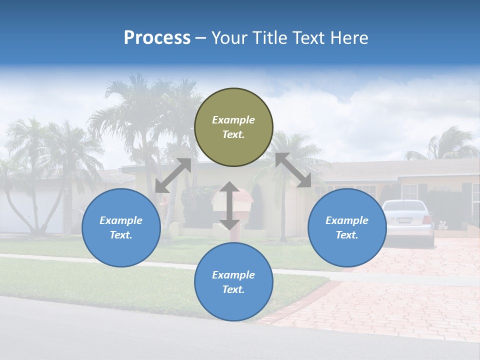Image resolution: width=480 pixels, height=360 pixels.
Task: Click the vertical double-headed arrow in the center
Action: (x=229, y=205)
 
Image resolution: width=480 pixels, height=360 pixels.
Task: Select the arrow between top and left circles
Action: (x=173, y=175)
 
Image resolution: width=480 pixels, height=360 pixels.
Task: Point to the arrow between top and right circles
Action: (x=293, y=170)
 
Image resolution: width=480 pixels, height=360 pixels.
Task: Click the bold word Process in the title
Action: (x=157, y=37)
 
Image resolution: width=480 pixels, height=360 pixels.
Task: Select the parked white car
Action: (x=407, y=222)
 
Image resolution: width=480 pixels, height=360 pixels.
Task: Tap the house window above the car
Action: (x=409, y=191)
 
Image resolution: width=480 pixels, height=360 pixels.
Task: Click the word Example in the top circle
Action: (x=233, y=120)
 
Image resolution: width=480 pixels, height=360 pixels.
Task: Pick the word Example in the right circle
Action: (x=347, y=220)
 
